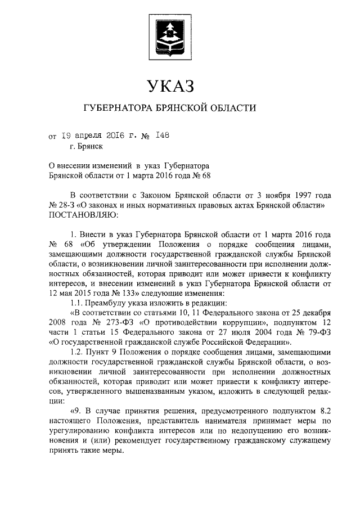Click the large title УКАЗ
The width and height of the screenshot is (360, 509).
[169, 86]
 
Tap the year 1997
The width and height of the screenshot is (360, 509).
[290, 195]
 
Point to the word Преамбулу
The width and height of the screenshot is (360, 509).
[106, 302]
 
